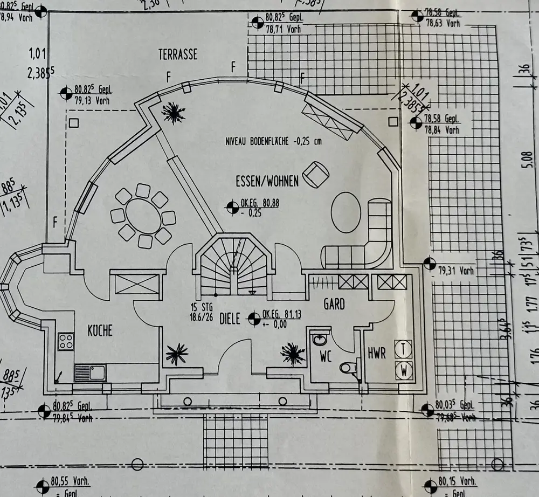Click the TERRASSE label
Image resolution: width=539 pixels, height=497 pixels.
pyautogui.click(x=178, y=54)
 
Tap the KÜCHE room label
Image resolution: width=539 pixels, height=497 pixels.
pyautogui.click(x=100, y=330)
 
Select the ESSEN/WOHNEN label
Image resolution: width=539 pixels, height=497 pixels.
pyautogui.click(x=266, y=181)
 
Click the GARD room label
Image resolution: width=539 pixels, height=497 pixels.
pyautogui.click(x=334, y=304)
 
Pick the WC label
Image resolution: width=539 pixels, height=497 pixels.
pyautogui.click(x=326, y=356)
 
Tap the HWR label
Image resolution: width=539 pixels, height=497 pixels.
pyautogui.click(x=377, y=354)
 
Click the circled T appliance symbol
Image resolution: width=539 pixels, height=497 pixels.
pyautogui.click(x=404, y=348)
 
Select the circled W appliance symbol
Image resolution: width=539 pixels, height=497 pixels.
pyautogui.click(x=404, y=370)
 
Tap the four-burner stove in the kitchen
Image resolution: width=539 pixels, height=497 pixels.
pyautogui.click(x=66, y=341)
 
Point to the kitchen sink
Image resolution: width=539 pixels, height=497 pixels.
pyautogui.click(x=90, y=372)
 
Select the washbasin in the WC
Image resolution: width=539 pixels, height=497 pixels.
pyautogui.click(x=319, y=340)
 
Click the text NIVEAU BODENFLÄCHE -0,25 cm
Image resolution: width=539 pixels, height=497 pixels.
pyautogui.click(x=274, y=142)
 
